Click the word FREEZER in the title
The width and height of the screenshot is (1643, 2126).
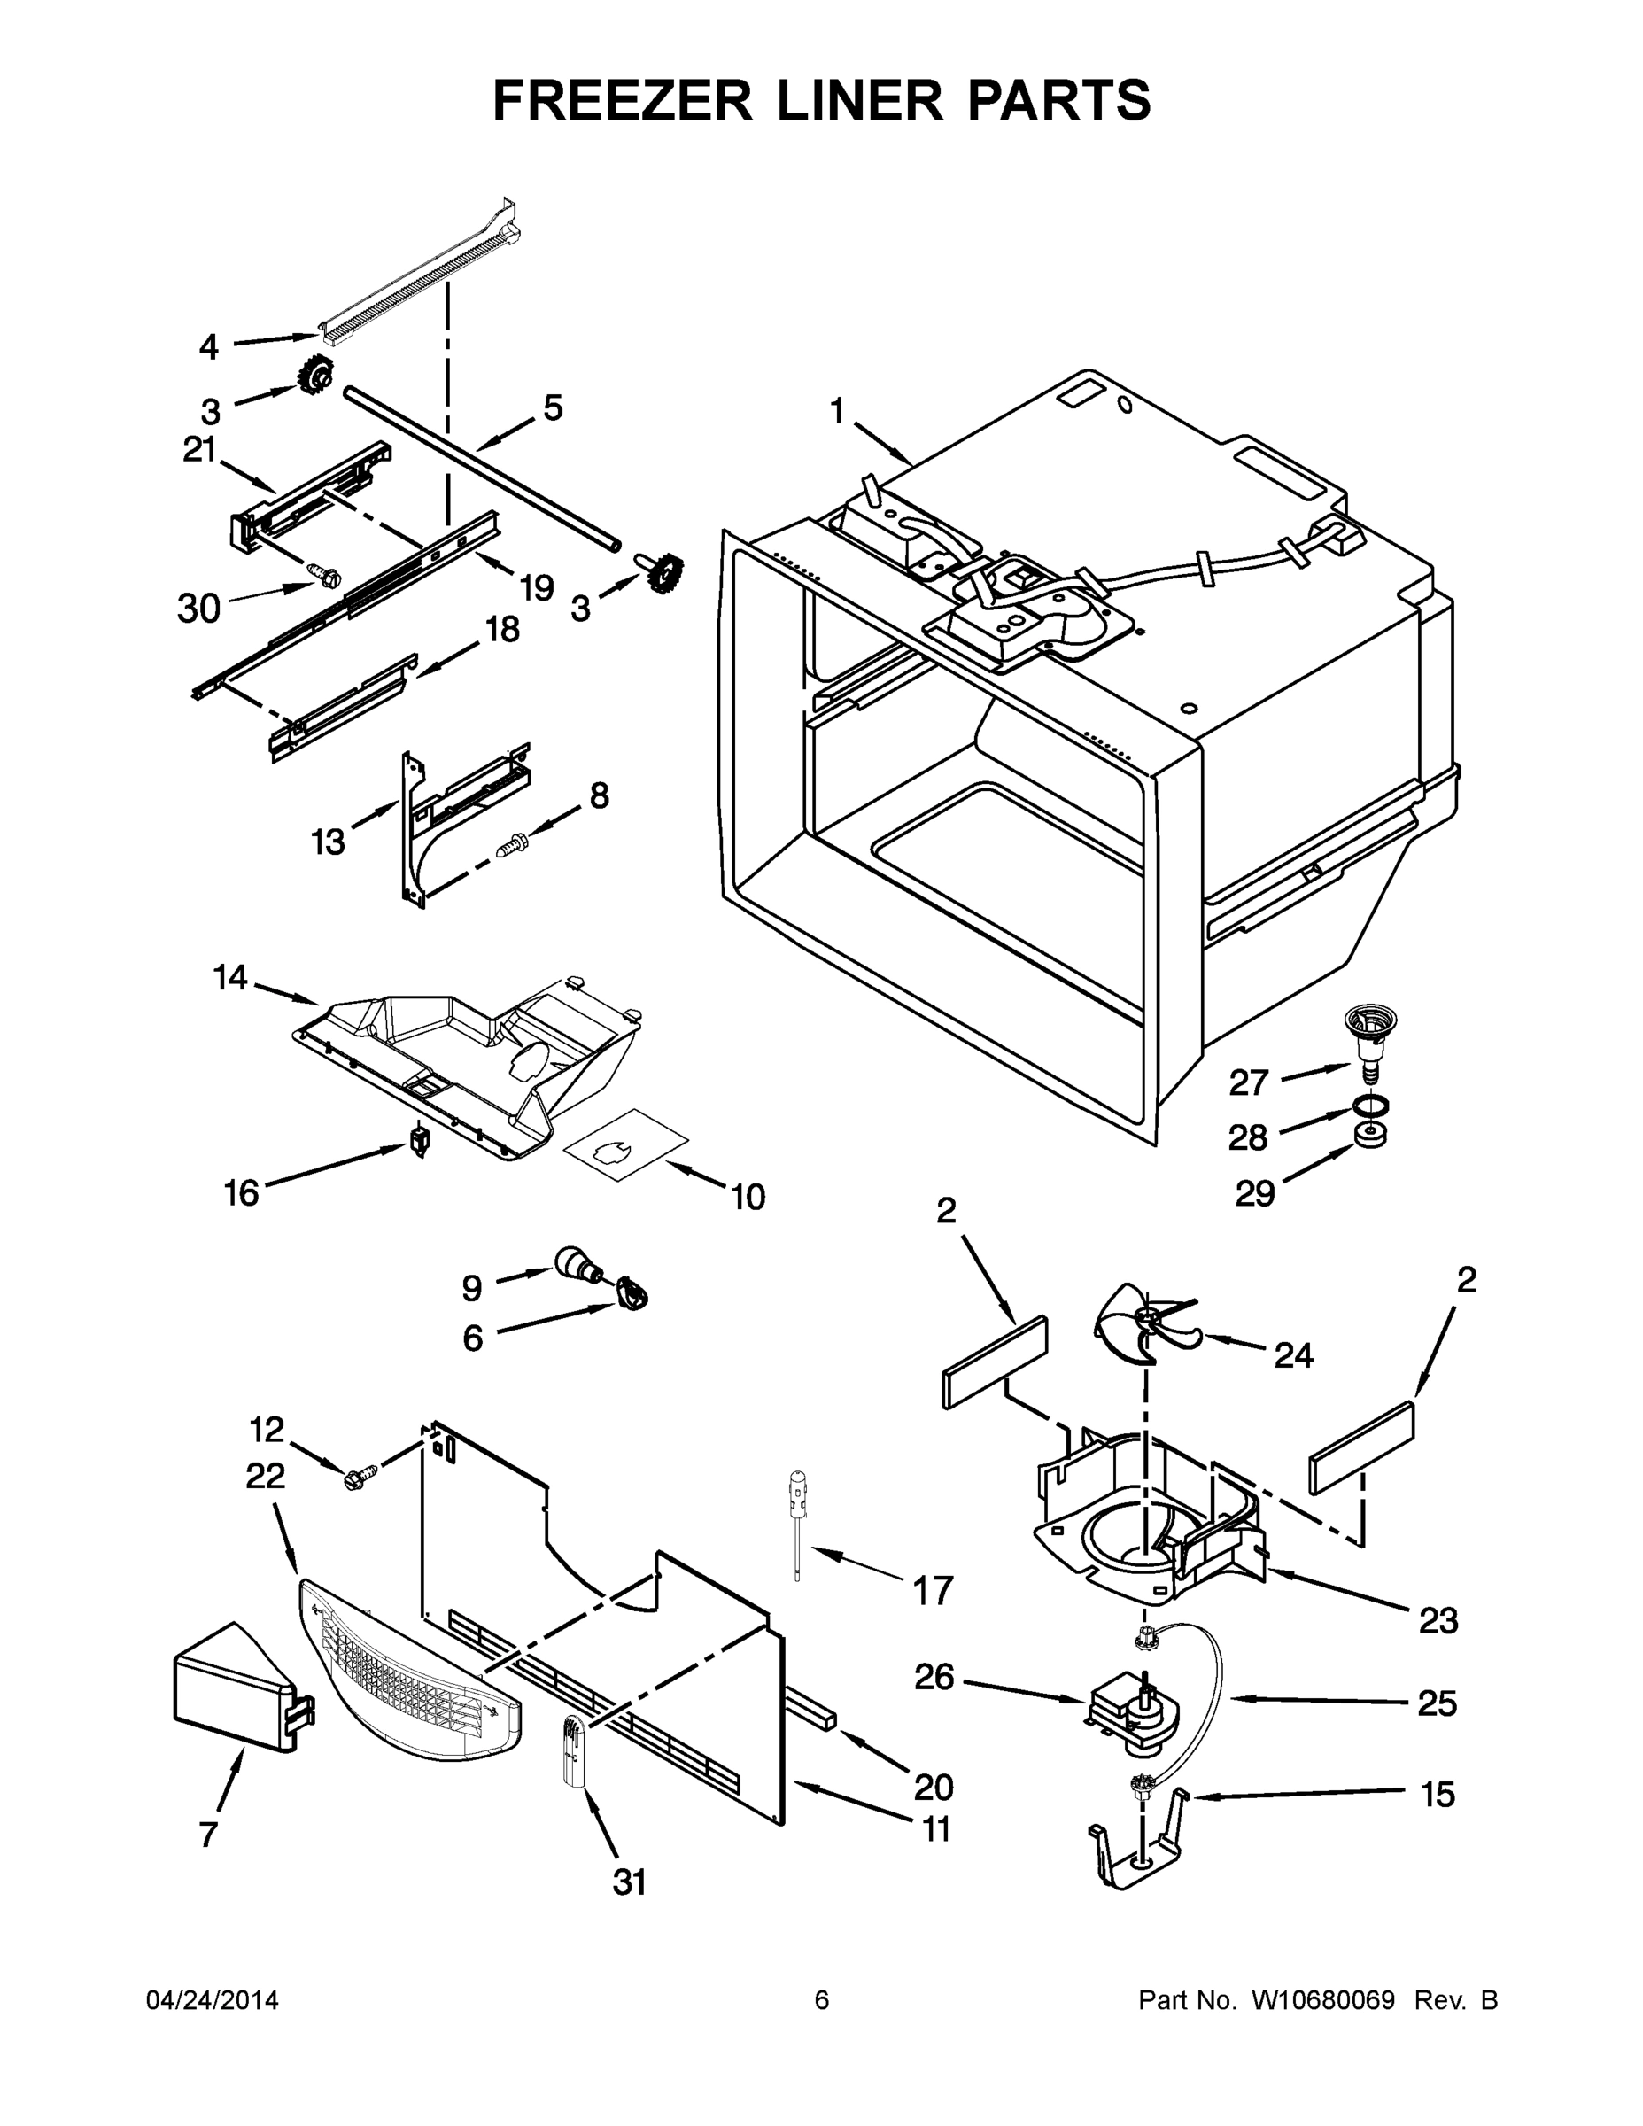coord(622,100)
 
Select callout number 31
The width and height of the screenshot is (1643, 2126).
coord(630,1882)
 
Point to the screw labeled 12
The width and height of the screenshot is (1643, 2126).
coord(353,1478)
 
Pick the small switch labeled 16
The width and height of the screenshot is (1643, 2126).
coord(420,1140)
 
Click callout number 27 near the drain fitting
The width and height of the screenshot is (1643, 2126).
coord(1249,1082)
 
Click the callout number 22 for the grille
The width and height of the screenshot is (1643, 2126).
coord(265,1476)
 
